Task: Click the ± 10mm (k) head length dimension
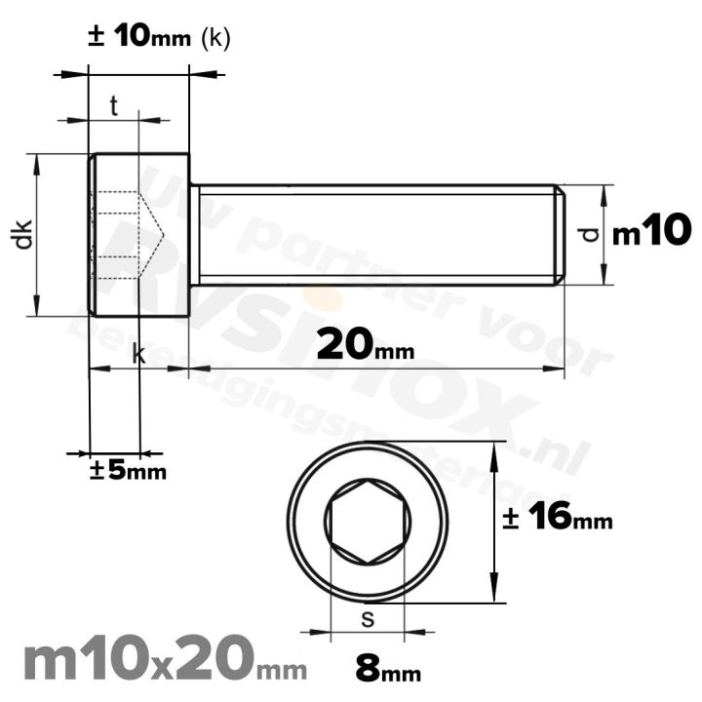point(159,37)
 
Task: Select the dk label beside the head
point(23,235)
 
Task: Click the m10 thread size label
point(651,233)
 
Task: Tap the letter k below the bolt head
point(138,356)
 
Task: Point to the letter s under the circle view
point(367,618)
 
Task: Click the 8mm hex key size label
point(388,671)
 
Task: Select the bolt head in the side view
point(138,234)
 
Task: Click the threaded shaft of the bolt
point(375,235)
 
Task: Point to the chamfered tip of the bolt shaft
point(559,235)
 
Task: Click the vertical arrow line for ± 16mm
point(497,523)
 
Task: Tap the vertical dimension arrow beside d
point(604,235)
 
